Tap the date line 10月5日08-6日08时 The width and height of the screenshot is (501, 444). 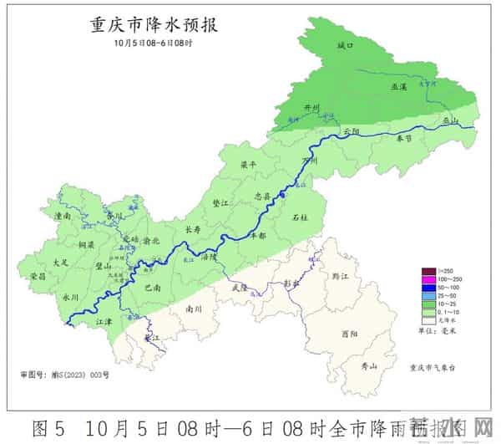click(154, 43)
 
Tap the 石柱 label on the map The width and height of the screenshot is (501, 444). click(300, 218)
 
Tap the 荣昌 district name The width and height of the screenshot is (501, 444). click(36, 276)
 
